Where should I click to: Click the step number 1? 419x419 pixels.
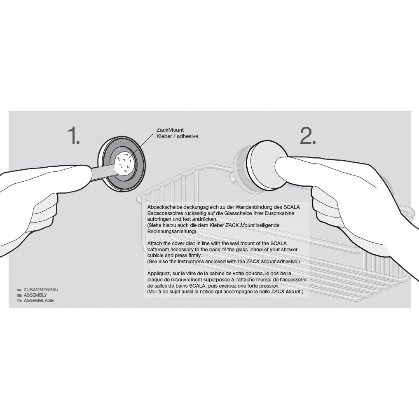73,135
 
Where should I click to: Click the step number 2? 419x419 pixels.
308,135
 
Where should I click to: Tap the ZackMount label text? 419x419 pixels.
170,130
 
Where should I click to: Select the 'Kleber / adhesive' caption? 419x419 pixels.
177,136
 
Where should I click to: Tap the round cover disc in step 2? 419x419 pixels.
267,166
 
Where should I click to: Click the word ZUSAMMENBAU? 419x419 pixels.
41,290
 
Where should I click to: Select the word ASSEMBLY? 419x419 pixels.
35,295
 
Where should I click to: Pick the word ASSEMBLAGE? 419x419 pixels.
39,300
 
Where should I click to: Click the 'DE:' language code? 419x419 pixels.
19,290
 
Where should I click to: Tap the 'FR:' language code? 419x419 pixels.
19,301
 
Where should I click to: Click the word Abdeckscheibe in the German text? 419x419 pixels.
164,207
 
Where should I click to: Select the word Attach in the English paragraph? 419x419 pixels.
155,243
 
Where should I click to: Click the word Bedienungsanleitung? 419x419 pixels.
171,232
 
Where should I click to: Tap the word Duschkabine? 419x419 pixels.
280,213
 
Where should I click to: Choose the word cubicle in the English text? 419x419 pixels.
155,255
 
